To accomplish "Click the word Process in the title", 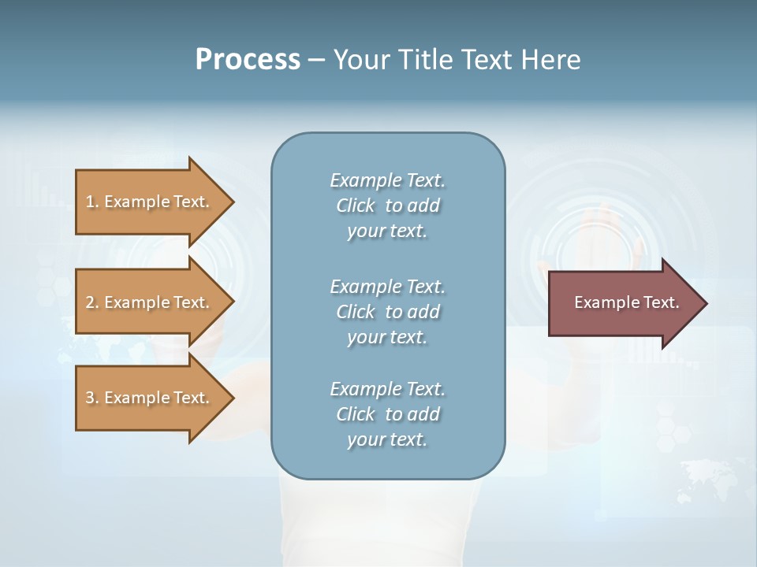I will pyautogui.click(x=248, y=60).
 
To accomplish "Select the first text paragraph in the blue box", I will pyautogui.click(x=387, y=206).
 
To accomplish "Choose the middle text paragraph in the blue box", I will pyautogui.click(x=387, y=312).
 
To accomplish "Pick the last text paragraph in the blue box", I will pyautogui.click(x=387, y=414).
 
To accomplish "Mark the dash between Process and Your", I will pyautogui.click(x=316, y=61).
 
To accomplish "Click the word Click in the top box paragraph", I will pyautogui.click(x=356, y=206).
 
